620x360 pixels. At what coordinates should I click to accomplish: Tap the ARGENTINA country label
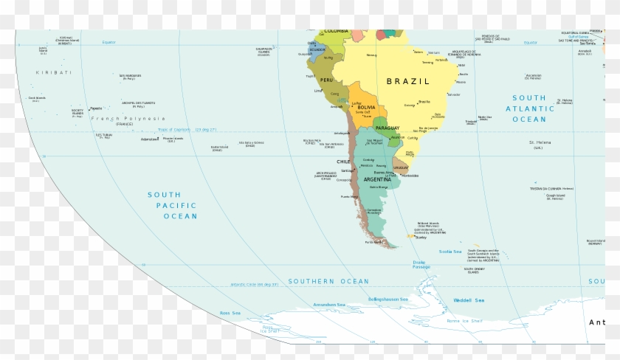click(377, 180)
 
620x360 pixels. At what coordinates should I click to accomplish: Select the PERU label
click(327, 80)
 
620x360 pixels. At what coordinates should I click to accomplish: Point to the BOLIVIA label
click(366, 108)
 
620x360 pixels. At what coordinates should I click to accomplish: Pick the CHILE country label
click(343, 161)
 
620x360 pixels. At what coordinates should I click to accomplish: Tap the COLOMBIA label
click(335, 31)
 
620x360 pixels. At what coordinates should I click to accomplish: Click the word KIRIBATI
click(54, 72)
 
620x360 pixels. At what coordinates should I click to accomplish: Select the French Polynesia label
click(128, 118)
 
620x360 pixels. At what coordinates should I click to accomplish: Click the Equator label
click(110, 42)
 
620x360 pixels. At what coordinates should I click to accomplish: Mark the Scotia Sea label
click(449, 252)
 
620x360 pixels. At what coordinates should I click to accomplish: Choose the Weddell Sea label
click(469, 300)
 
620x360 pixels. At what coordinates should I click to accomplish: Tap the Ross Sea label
click(231, 313)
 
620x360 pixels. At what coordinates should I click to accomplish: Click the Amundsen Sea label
click(329, 305)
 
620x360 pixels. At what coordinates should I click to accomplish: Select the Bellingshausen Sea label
click(390, 300)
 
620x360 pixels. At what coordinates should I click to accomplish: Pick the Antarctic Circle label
click(244, 285)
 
